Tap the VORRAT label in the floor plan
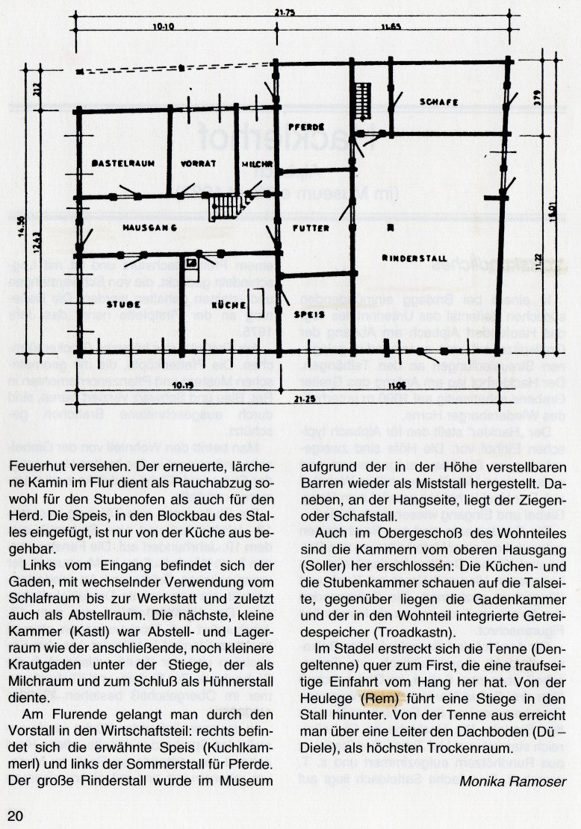click(x=199, y=163)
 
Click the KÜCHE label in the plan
click(x=226, y=305)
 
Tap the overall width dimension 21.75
click(x=282, y=11)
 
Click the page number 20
click(x=16, y=814)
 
